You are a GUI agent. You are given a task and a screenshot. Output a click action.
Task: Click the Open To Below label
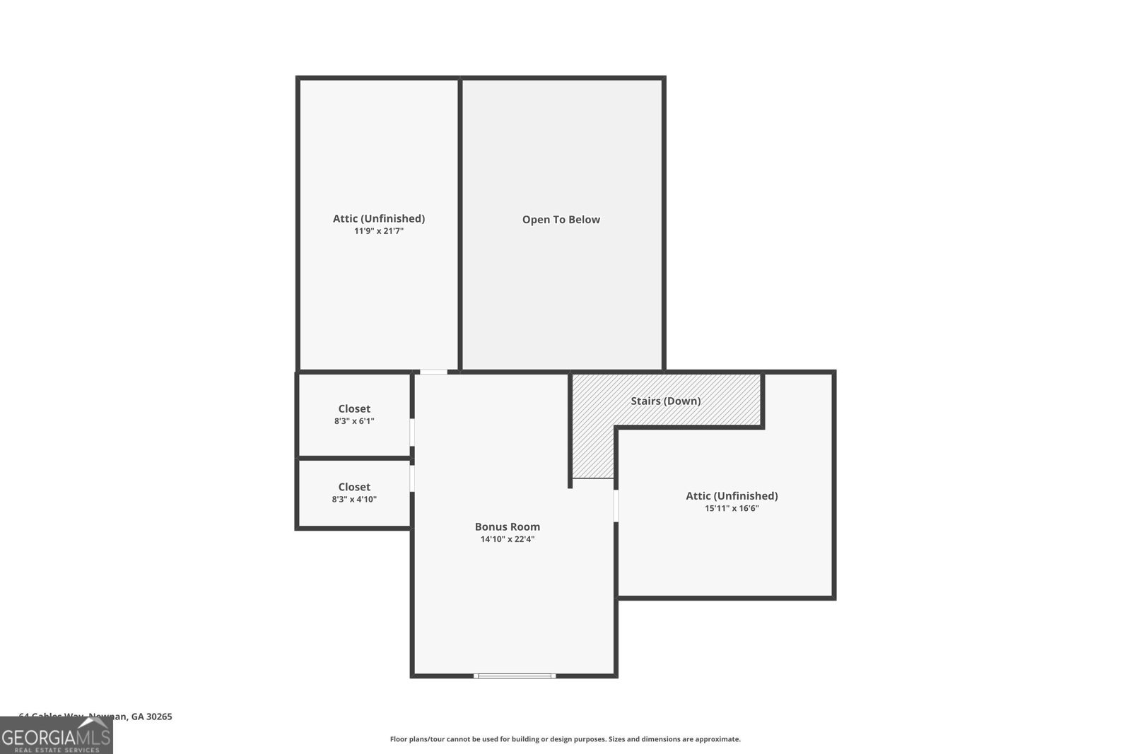pyautogui.click(x=561, y=220)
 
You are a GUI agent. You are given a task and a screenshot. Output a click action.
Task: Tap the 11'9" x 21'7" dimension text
pyautogui.click(x=379, y=231)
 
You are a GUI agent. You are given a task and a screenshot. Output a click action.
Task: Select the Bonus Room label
pyautogui.click(x=507, y=526)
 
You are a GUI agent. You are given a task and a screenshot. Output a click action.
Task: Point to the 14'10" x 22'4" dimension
pyautogui.click(x=507, y=539)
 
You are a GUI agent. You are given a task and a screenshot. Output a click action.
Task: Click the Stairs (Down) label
pyautogui.click(x=665, y=401)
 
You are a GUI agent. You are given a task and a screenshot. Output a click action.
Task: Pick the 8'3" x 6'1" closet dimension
pyautogui.click(x=354, y=421)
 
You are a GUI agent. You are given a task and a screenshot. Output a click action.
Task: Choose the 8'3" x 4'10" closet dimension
pyautogui.click(x=354, y=500)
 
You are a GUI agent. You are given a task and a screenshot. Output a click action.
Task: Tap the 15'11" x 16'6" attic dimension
pyautogui.click(x=732, y=508)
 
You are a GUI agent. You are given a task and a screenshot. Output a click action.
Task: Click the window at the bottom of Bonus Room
pyautogui.click(x=515, y=676)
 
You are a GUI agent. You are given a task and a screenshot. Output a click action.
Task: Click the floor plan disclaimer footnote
pyautogui.click(x=565, y=739)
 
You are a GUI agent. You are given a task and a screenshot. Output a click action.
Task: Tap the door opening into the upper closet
pyautogui.click(x=412, y=432)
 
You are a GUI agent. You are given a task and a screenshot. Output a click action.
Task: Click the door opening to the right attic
pyautogui.click(x=616, y=505)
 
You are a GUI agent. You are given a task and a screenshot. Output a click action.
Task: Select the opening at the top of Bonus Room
pyautogui.click(x=434, y=372)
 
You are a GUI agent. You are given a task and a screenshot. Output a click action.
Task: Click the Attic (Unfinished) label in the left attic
pyautogui.click(x=379, y=218)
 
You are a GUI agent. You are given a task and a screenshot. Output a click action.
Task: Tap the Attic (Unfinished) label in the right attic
pyautogui.click(x=732, y=496)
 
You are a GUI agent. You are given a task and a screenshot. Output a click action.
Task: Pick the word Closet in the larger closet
pyautogui.click(x=354, y=408)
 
